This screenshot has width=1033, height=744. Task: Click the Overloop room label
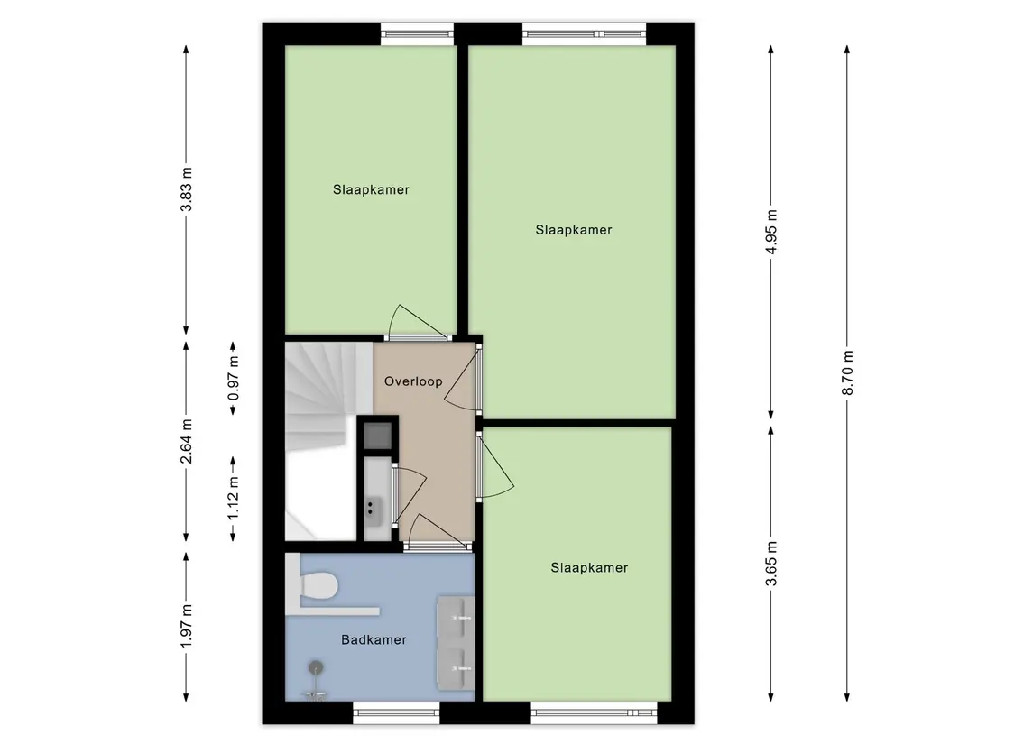(x=413, y=381)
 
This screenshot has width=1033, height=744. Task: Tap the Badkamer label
(x=374, y=639)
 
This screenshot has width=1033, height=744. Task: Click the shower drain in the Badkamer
(x=317, y=667)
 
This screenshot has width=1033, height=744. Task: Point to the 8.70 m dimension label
(x=847, y=372)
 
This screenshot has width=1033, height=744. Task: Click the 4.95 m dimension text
(x=771, y=231)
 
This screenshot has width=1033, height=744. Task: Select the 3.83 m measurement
(x=187, y=189)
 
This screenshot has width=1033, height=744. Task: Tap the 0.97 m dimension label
(x=234, y=378)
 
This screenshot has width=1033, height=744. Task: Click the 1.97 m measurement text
(x=187, y=626)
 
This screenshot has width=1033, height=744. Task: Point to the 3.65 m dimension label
(x=771, y=563)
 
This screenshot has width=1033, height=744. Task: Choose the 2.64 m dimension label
(x=187, y=441)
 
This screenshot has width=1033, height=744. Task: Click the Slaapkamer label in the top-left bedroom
(x=371, y=189)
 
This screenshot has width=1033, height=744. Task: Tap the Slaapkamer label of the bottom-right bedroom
(x=589, y=567)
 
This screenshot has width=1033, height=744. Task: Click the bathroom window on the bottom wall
(x=396, y=713)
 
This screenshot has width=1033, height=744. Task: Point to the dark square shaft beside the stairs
(x=378, y=435)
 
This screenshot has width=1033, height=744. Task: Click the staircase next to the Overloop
(x=321, y=440)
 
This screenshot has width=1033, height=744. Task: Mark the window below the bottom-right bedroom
(x=594, y=713)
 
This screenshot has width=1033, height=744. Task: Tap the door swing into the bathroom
(x=436, y=530)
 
